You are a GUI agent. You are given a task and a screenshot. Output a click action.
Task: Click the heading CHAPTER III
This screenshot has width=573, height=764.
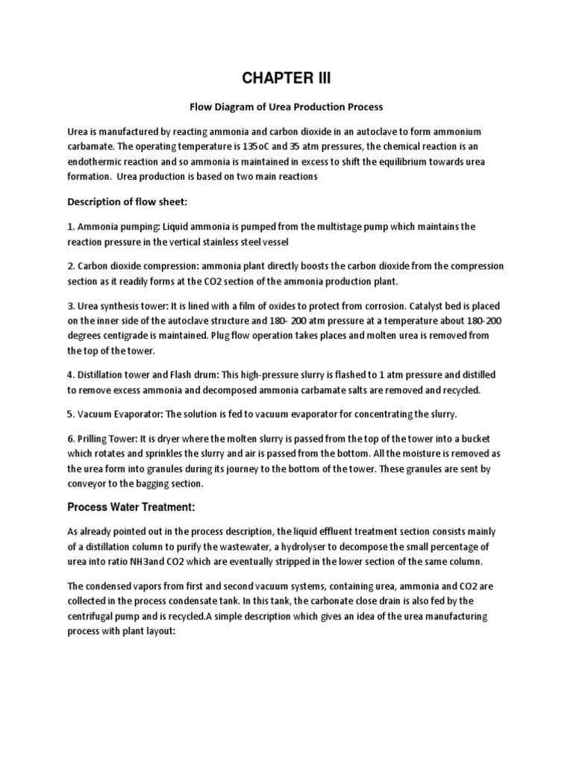[286, 79]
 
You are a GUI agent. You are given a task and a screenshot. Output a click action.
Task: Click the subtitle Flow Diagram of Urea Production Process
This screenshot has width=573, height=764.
[286, 107]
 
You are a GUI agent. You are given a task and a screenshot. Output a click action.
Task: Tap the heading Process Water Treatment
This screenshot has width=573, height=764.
[131, 507]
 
